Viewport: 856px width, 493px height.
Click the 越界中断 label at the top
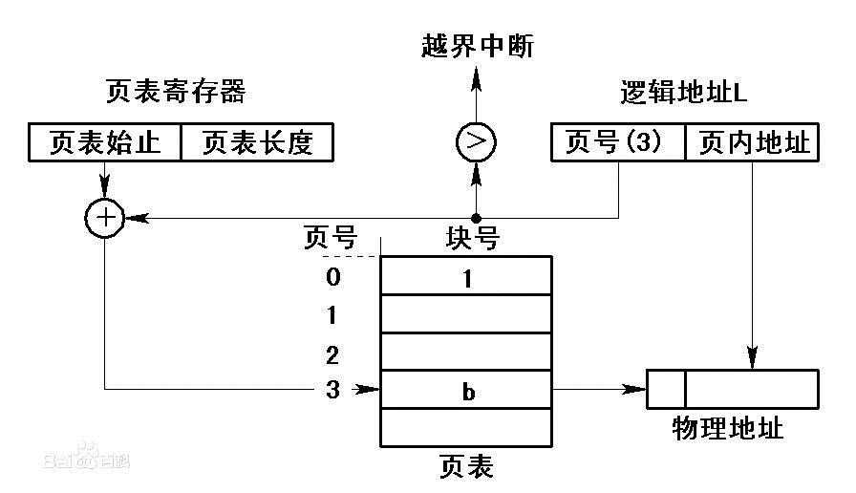tap(478, 45)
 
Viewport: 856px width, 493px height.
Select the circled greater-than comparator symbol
tap(476, 142)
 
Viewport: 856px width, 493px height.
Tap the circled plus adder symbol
tap(105, 218)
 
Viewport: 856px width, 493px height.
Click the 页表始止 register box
tap(105, 142)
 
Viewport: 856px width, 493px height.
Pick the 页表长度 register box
tap(257, 142)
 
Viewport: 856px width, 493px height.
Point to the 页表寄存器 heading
tap(176, 91)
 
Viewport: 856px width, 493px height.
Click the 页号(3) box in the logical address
tap(618, 142)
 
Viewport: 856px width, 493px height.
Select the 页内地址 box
tap(752, 142)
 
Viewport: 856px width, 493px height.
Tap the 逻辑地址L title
tap(683, 92)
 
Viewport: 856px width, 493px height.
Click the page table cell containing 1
tap(466, 276)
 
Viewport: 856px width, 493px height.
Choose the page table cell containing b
tap(466, 389)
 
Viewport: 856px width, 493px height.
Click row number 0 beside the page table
tap(333, 277)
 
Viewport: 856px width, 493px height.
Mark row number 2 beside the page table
tap(332, 355)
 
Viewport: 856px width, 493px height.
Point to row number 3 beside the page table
tap(332, 390)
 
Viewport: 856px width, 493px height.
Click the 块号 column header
tap(472, 238)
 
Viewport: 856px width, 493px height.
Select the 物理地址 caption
tap(728, 427)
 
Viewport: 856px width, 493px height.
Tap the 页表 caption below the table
tap(467, 467)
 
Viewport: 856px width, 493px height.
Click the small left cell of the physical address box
tap(666, 389)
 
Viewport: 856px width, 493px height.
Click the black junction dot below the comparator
tap(476, 219)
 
